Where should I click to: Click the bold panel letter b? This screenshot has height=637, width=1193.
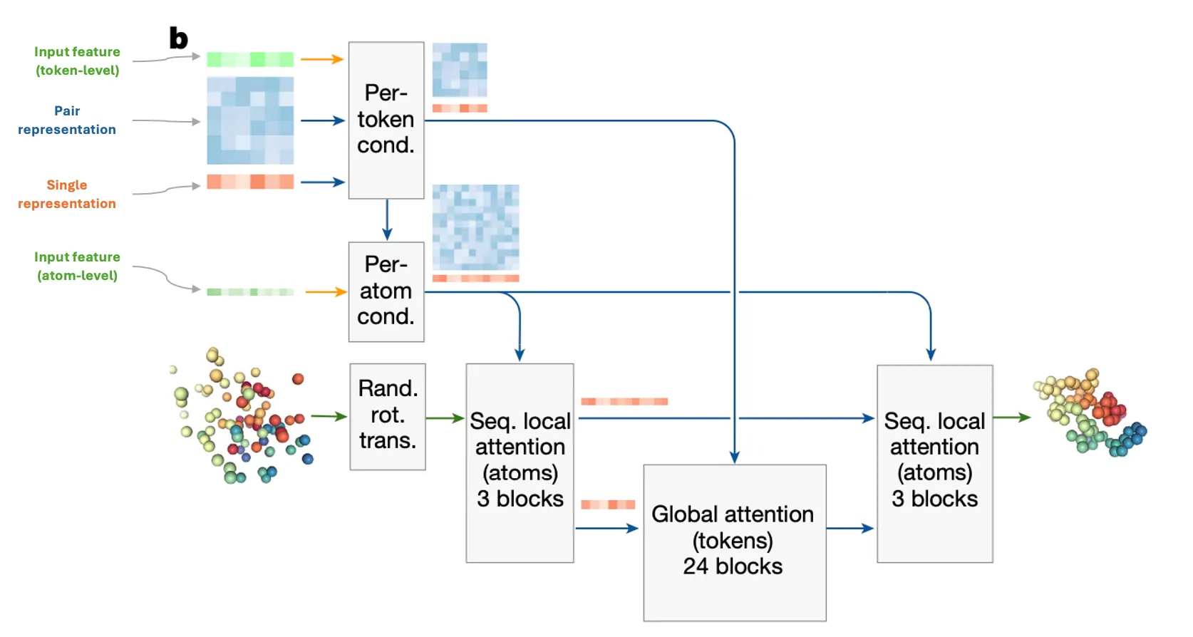(x=178, y=38)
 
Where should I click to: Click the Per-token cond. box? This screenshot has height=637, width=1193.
(x=386, y=120)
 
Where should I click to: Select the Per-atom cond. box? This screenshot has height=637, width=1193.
(x=386, y=291)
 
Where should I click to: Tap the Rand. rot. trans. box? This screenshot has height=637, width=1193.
(x=388, y=416)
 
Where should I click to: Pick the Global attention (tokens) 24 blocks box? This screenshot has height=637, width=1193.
(x=734, y=542)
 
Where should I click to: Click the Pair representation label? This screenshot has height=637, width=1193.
(x=67, y=120)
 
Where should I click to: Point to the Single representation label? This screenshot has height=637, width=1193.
(x=67, y=194)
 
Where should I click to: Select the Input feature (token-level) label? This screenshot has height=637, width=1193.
(x=77, y=61)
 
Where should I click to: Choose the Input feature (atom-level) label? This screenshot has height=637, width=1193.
(x=77, y=266)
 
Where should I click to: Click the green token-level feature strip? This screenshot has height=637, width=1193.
(x=250, y=59)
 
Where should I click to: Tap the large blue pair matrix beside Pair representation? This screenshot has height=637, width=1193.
(x=250, y=120)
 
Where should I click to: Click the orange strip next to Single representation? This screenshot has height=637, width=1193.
(x=250, y=182)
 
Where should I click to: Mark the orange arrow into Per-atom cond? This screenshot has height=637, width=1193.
(x=326, y=291)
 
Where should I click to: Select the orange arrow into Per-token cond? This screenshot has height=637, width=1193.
(x=321, y=59)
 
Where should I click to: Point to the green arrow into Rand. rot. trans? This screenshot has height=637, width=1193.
(x=329, y=416)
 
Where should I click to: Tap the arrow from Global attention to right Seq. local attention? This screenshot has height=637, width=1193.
(x=850, y=529)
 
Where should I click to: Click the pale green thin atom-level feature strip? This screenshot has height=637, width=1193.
(x=250, y=292)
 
